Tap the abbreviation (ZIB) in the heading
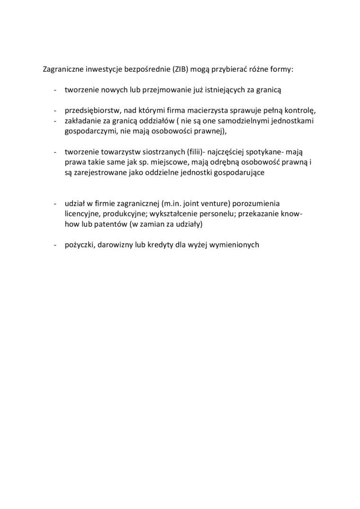point(181,69)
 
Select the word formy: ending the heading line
point(282,69)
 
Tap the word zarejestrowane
point(98,173)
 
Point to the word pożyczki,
point(80,245)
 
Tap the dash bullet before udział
point(55,204)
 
